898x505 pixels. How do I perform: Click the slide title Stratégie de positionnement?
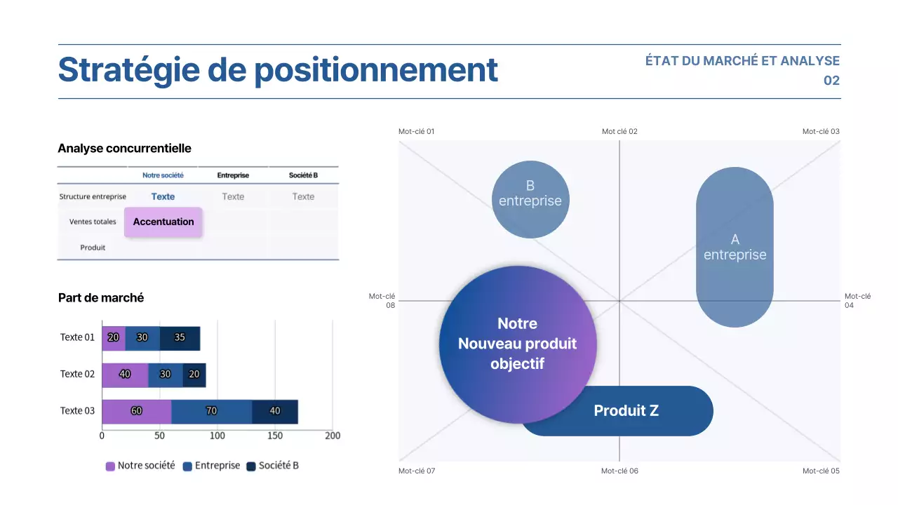278,70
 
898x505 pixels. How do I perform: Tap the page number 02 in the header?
831,81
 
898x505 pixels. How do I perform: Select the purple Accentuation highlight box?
163,222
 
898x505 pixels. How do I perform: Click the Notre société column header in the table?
163,175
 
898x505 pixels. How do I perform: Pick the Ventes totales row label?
93,222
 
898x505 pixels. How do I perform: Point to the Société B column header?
303,175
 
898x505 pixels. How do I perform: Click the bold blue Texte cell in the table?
163,196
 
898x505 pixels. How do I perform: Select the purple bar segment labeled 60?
136,411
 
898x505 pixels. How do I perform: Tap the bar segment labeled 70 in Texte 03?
211,411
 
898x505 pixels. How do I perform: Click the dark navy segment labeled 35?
180,337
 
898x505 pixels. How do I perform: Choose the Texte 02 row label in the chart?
77,374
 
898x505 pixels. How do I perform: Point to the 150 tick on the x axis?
275,436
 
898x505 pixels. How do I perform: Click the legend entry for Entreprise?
211,466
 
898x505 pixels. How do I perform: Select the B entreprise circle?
530,200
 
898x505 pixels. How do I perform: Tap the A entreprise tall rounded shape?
735,247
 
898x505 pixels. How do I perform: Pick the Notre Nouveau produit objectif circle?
518,344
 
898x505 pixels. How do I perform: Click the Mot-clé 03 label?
821,131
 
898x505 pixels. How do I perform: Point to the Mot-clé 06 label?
619,471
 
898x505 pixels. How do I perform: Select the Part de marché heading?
101,297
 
